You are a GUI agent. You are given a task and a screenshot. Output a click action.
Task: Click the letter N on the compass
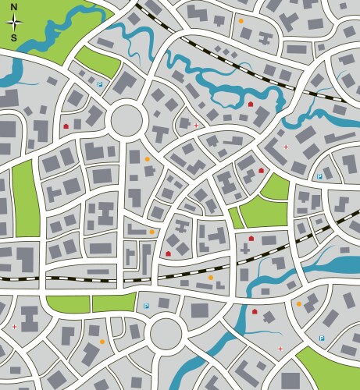(x=14, y=7)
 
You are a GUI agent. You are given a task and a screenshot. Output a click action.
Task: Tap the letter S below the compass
(x=14, y=37)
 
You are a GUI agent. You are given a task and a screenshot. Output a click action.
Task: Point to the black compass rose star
(x=14, y=22)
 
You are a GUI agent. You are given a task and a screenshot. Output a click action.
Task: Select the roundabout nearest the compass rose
(x=128, y=121)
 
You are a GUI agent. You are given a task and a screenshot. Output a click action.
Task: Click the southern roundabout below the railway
(x=166, y=332)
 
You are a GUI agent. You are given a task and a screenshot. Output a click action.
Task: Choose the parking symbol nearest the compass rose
(x=100, y=83)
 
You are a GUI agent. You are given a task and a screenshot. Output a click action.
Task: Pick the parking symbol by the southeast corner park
(x=322, y=338)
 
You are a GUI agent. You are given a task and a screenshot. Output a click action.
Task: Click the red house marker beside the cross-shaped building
(x=251, y=239)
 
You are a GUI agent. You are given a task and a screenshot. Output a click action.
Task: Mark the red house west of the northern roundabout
(x=66, y=125)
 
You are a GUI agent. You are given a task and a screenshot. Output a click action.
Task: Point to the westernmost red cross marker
(x=14, y=326)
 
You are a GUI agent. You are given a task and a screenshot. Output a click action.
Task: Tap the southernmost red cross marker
(x=280, y=349)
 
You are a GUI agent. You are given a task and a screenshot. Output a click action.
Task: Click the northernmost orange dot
(x=241, y=21)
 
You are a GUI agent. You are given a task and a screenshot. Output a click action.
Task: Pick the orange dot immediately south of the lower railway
(x=210, y=277)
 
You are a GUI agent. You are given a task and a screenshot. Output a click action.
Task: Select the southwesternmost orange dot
(x=102, y=341)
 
